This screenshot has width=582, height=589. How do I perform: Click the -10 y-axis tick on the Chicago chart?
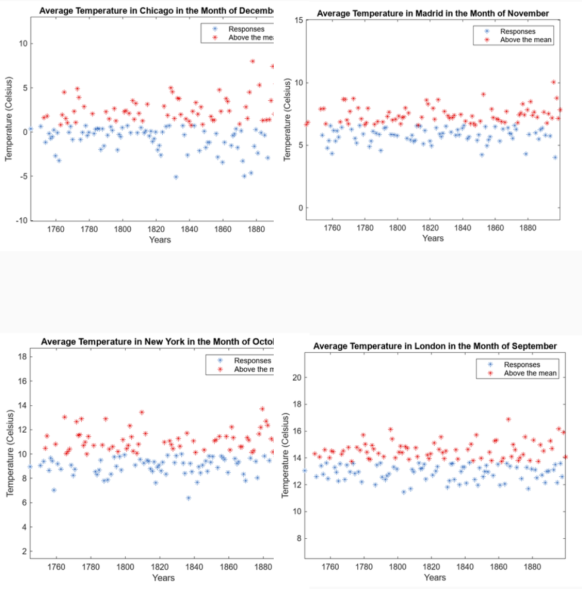pos(20,221)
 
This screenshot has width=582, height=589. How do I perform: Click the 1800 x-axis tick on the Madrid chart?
pos(398,228)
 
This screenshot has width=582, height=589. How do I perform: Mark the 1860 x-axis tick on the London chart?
pos(497,568)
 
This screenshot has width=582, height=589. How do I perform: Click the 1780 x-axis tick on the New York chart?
pos(91,568)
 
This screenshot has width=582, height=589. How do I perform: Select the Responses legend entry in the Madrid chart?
pos(518,31)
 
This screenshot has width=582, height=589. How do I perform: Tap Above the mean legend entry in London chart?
pos(530,373)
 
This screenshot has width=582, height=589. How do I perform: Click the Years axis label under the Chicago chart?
pos(160,240)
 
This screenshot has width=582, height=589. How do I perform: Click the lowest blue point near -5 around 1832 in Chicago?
pos(176,177)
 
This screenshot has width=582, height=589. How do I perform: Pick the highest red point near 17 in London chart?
pos(509,420)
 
